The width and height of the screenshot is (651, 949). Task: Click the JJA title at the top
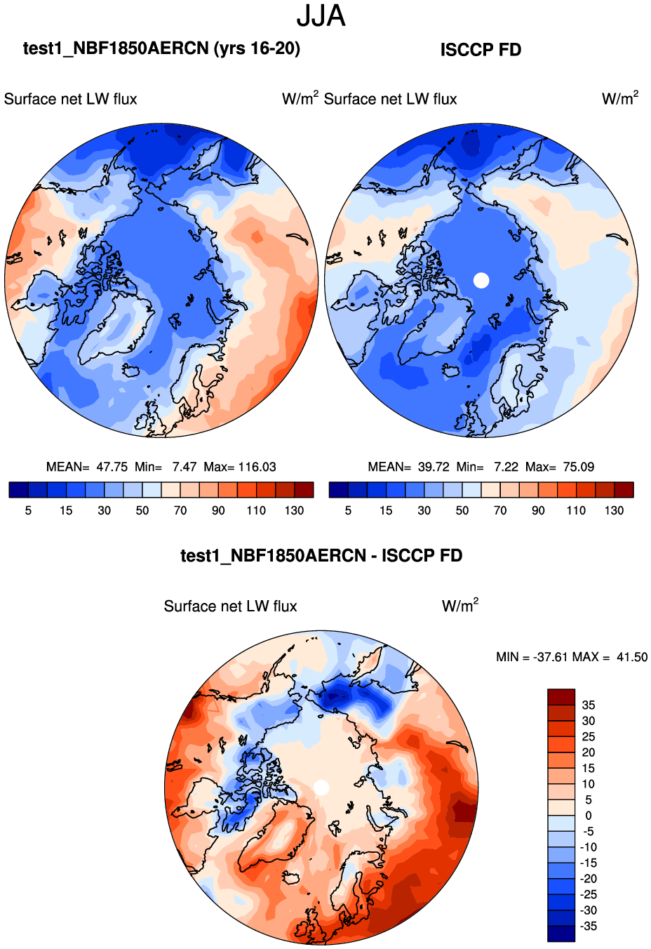point(321,17)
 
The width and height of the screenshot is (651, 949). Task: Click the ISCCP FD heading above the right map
point(481,50)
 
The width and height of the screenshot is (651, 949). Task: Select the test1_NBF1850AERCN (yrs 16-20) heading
point(161,48)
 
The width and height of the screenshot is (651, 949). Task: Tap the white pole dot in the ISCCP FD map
point(481,280)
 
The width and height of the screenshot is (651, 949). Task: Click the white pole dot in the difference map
point(321,788)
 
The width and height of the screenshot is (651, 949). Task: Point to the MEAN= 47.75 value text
point(87,467)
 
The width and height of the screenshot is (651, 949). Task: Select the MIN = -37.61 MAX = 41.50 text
point(571,657)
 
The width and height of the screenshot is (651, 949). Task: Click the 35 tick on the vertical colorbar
point(588,705)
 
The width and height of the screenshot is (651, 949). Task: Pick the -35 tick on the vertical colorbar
point(588,926)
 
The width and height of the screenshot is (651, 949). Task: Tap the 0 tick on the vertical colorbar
point(588,816)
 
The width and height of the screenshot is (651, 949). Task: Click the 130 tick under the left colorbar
point(294,510)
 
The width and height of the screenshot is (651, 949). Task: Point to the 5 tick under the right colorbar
point(348,510)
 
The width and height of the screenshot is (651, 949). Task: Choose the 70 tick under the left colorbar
point(180,510)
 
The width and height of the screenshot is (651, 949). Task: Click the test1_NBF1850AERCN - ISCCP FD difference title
point(321,556)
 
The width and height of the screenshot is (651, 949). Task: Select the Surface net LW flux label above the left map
point(70,99)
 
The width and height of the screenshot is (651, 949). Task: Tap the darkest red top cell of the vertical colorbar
point(561,697)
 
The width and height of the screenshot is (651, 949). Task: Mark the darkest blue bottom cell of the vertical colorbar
point(561,934)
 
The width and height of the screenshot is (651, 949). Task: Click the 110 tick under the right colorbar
point(576,510)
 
